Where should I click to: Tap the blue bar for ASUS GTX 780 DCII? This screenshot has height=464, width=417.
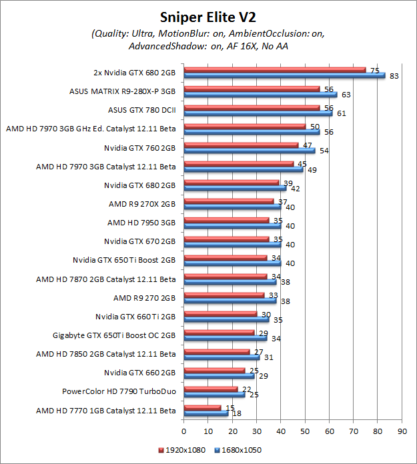pyautogui.click(x=258, y=113)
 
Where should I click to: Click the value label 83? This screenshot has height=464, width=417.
pyautogui.click(x=394, y=76)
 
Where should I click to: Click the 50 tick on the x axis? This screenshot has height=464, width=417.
pyautogui.click(x=305, y=421)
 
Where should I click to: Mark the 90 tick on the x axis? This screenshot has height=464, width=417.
pyautogui.click(x=402, y=421)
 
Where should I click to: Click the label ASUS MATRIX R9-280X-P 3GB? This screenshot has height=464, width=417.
pyautogui.click(x=122, y=91)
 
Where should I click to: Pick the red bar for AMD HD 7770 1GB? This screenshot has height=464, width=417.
pyautogui.click(x=202, y=407)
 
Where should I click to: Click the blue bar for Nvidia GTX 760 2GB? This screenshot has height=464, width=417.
pyautogui.click(x=250, y=151)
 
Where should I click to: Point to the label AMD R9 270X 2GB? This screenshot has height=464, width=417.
pyautogui.click(x=142, y=204)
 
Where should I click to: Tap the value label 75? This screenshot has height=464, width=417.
pyautogui.click(x=374, y=70)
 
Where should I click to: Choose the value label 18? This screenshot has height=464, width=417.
pyautogui.click(x=236, y=413)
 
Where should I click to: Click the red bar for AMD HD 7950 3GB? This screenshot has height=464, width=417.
pyautogui.click(x=226, y=219)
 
